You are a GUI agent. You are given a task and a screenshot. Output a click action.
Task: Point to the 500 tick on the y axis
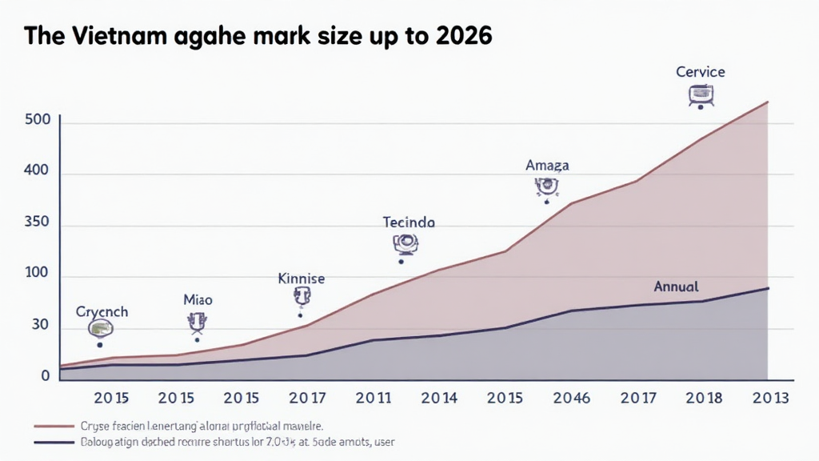38,120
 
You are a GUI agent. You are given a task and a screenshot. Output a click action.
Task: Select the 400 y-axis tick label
38,171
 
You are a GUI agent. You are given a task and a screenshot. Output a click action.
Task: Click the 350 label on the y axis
38,224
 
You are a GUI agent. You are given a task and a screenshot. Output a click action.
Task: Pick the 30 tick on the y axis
40,326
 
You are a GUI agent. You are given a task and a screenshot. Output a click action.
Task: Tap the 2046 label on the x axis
571,398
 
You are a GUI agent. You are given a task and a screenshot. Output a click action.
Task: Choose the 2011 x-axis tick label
374,398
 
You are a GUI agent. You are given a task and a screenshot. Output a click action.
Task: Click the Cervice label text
701,72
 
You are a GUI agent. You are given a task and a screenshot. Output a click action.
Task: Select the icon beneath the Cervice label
701,96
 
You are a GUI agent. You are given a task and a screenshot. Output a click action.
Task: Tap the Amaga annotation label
547,166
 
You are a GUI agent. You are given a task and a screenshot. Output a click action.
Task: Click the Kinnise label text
302,279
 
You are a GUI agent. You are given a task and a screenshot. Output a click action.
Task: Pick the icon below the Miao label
197,323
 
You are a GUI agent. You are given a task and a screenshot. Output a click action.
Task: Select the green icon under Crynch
100,328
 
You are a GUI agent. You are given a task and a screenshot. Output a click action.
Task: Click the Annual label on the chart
676,286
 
